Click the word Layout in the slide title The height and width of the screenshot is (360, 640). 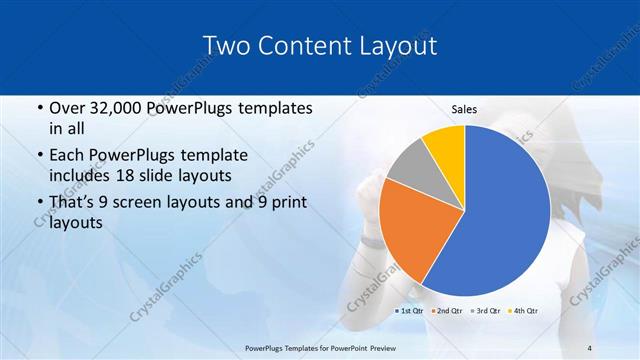391,46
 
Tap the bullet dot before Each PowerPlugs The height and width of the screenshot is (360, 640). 39,156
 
